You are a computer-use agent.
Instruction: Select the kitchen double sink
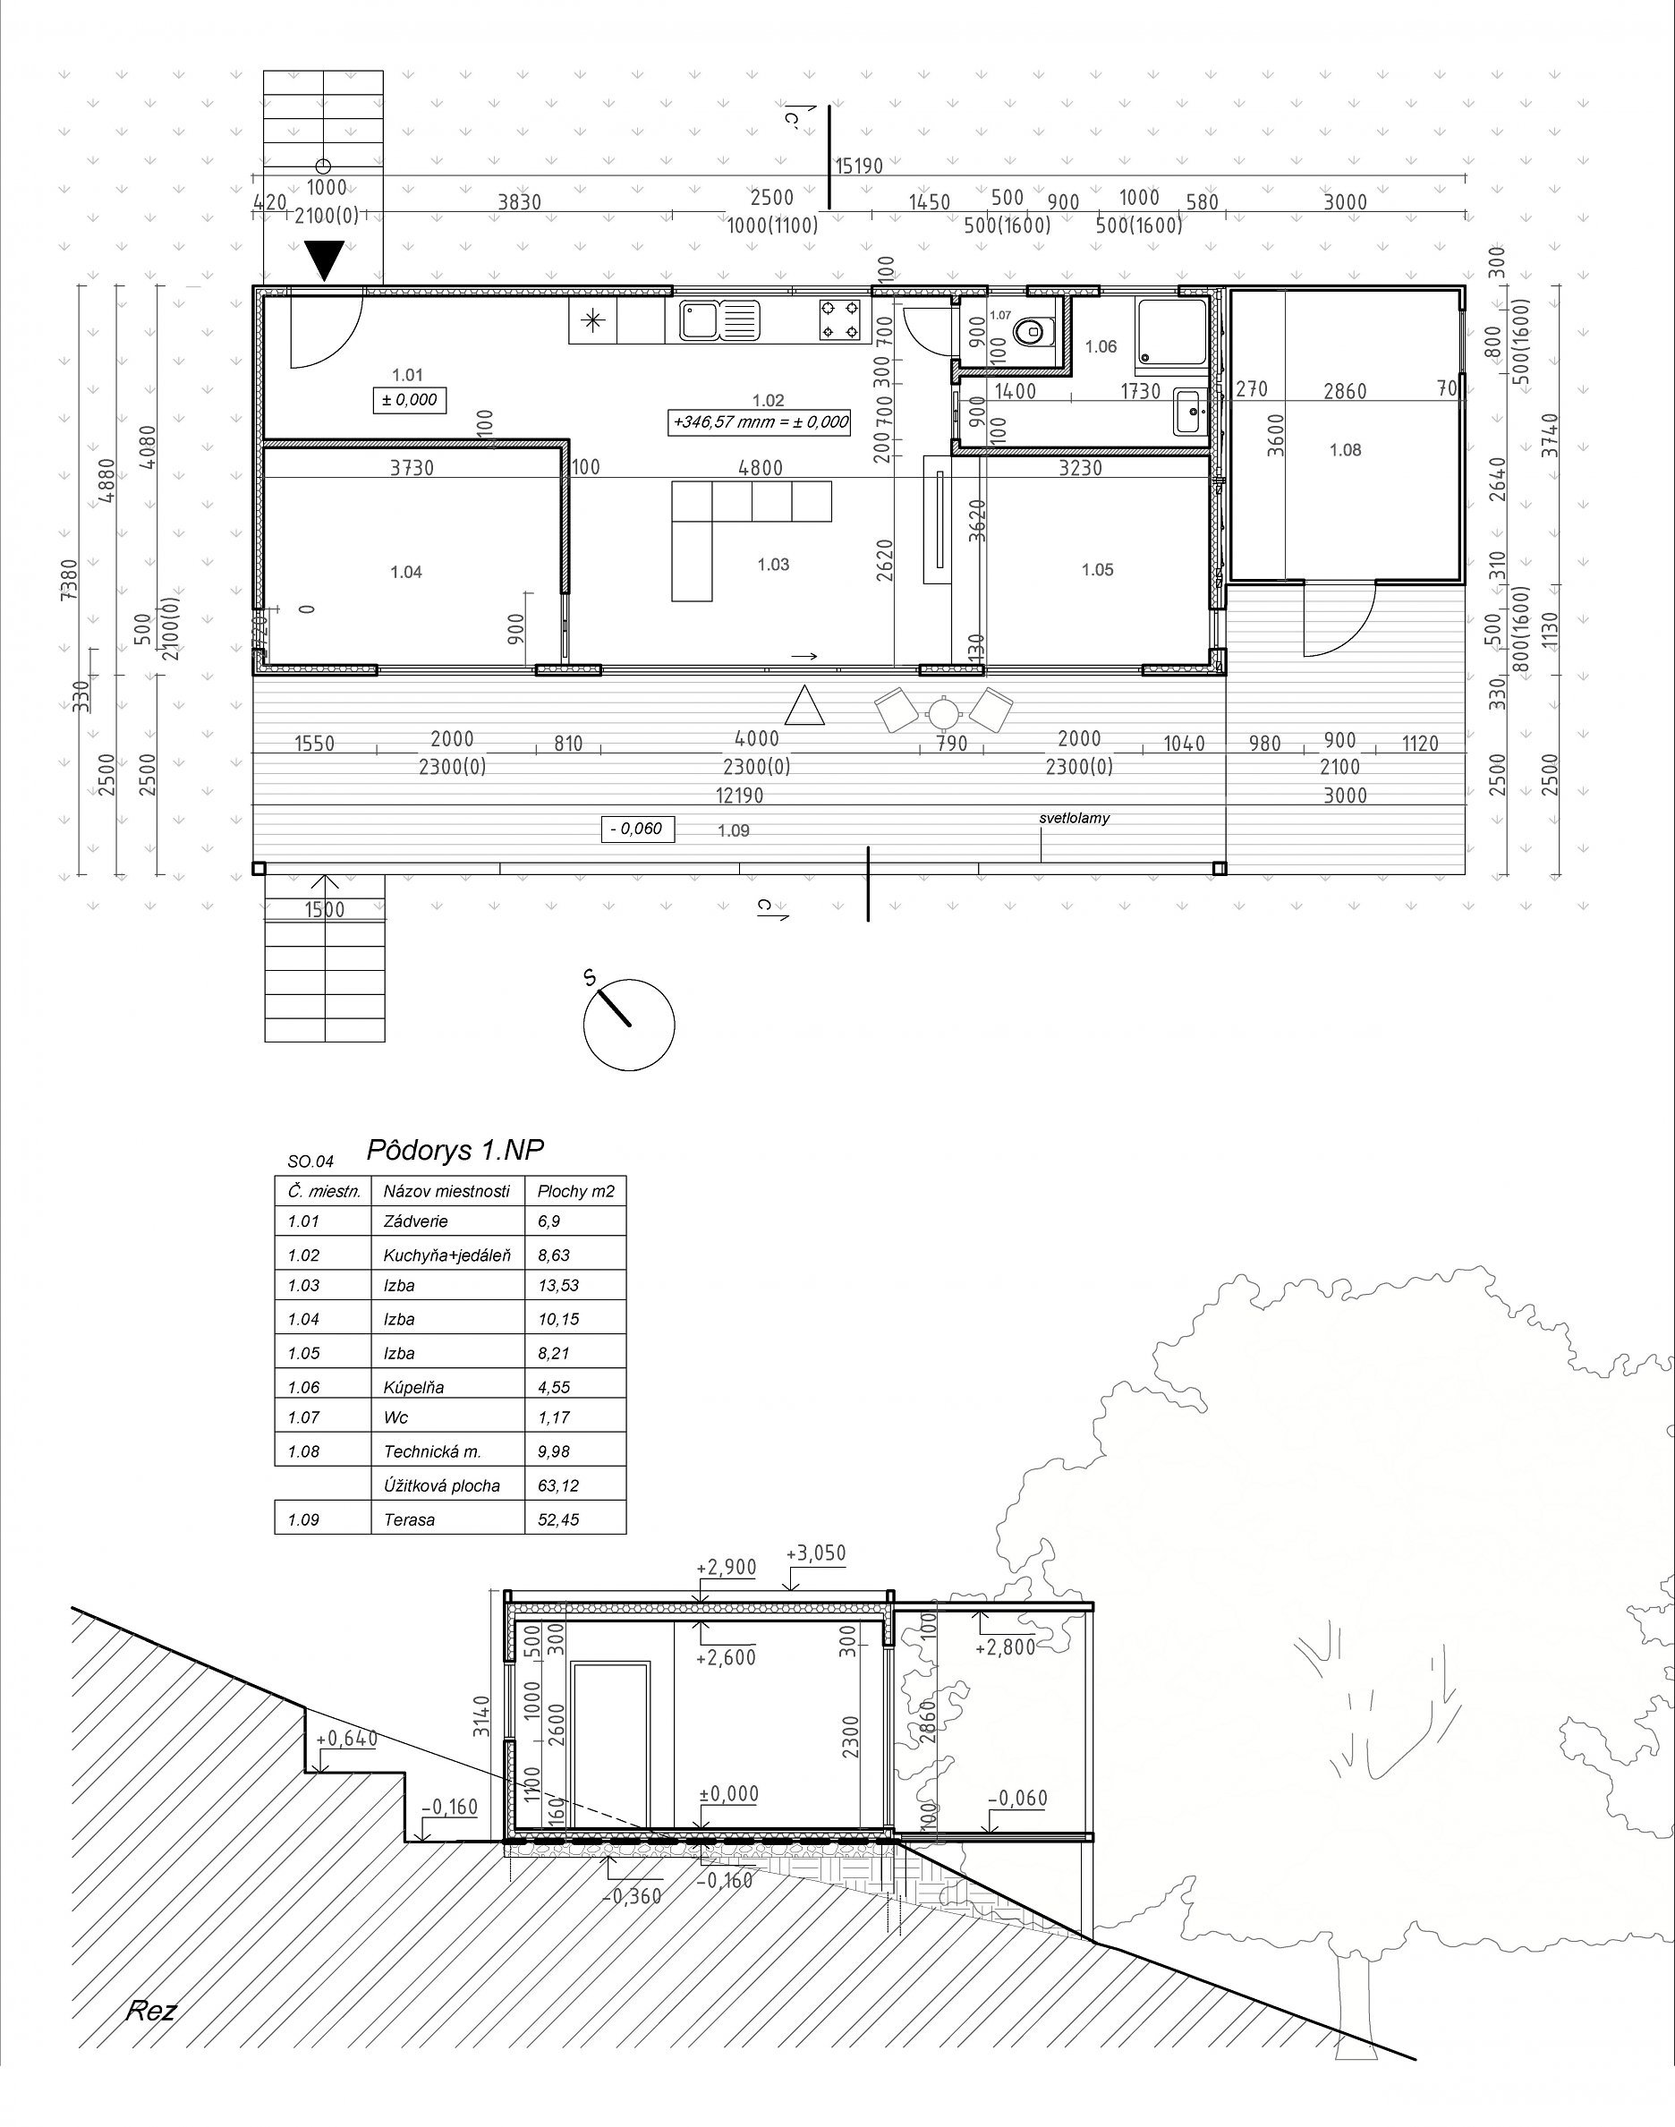[718, 319]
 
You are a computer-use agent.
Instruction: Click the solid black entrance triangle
[325, 261]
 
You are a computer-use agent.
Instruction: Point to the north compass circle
[629, 1025]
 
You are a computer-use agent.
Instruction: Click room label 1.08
[1346, 450]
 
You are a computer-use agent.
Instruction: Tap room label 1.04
[406, 572]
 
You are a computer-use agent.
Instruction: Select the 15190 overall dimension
[859, 166]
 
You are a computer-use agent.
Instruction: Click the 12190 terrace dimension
[739, 795]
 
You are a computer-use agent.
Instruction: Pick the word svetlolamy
[1075, 818]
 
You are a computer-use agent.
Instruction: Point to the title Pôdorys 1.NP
[454, 1149]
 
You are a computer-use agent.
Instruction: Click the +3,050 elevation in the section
[816, 1553]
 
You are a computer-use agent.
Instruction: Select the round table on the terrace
[942, 712]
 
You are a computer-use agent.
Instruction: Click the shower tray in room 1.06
[1171, 335]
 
